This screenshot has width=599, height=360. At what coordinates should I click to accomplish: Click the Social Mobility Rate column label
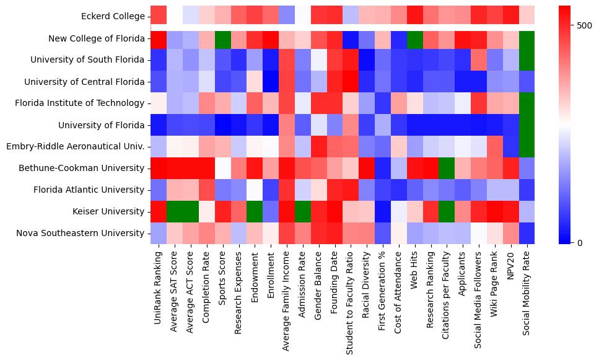[x=527, y=292]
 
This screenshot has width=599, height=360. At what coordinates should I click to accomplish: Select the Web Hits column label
[x=414, y=271]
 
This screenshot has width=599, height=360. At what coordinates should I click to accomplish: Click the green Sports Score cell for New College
[x=223, y=38]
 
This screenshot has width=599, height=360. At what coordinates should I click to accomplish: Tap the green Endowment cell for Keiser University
[x=255, y=212]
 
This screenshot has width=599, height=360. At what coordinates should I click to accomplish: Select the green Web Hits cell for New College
[x=414, y=38]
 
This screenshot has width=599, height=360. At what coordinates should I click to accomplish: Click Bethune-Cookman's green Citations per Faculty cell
[x=447, y=169]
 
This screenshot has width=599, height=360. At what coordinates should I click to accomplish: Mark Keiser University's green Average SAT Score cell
[x=175, y=212]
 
